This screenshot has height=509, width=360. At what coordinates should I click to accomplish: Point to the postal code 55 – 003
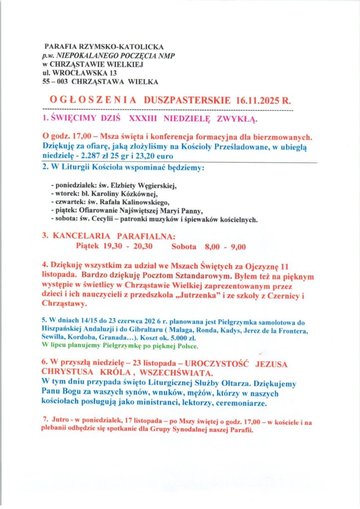[x=55, y=82]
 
